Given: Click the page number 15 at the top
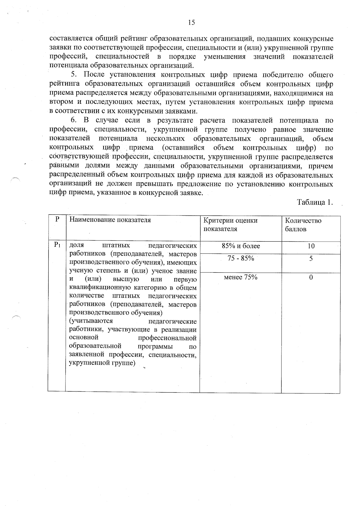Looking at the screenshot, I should coord(191,23).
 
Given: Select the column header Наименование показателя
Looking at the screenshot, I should coord(110,220).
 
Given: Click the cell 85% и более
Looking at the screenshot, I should coord(241,246).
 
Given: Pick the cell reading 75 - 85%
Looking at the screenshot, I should coord(241,259).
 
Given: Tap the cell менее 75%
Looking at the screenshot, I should coord(240,278).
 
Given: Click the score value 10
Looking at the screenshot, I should coord(311,246).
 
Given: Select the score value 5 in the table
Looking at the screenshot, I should coord(311,259).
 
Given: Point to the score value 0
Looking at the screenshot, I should coord(311,278).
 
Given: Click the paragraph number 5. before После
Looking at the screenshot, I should coord(74,75).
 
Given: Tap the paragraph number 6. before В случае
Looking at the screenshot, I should coord(74,120).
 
